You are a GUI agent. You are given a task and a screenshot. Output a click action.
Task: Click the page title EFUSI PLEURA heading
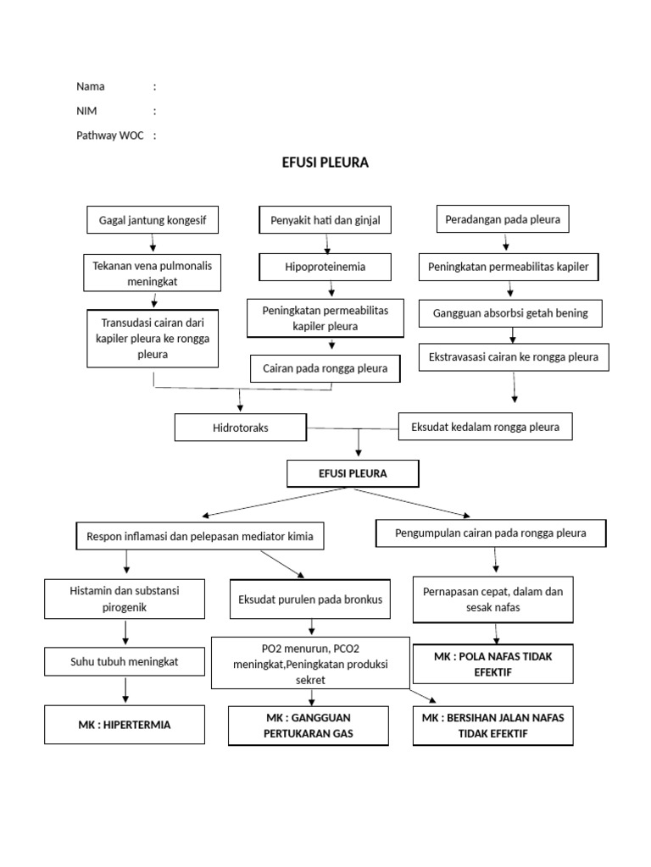tap(325, 163)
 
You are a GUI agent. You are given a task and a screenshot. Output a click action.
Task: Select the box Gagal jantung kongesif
tap(153, 221)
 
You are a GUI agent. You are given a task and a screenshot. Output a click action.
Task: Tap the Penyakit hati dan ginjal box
tap(325, 221)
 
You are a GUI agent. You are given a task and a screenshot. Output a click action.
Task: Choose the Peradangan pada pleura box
tap(503, 220)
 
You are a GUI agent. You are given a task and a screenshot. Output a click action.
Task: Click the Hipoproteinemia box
tap(325, 267)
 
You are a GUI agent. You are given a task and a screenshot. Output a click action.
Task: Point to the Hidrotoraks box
tap(240, 428)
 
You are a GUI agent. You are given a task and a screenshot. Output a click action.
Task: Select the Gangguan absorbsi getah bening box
tap(510, 313)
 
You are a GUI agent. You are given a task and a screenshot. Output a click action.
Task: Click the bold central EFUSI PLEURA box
tap(353, 473)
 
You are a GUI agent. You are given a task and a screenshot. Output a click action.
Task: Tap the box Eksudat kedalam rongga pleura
tap(485, 427)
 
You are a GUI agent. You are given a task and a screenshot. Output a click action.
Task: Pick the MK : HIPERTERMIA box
tap(125, 725)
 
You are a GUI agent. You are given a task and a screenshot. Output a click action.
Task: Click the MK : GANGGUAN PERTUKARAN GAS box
tap(309, 726)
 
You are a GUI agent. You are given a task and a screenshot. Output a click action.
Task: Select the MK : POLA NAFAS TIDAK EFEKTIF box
tap(492, 664)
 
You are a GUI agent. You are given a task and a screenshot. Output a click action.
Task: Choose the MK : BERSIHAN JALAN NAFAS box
tap(492, 726)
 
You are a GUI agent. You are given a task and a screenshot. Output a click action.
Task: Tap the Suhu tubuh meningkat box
tap(125, 662)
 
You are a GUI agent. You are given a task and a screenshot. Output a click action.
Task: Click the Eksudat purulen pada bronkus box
tap(309, 599)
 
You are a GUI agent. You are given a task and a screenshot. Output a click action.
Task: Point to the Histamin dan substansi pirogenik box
tap(125, 599)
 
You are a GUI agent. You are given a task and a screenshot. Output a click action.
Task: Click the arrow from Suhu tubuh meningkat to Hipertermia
tap(125, 692)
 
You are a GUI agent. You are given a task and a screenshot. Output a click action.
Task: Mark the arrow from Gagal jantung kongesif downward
tap(153, 243)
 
